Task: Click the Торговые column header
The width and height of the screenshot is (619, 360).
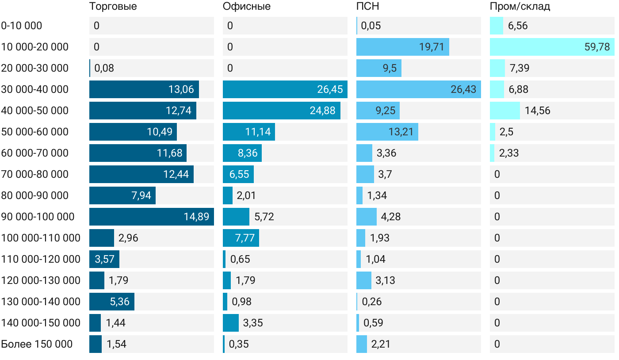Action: pos(113,7)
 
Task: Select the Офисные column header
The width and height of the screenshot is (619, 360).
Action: pos(247,7)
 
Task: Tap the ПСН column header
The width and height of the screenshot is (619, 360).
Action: pos(368,7)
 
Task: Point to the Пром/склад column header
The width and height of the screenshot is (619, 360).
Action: pos(520,7)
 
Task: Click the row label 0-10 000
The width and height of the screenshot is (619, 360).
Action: pos(22,26)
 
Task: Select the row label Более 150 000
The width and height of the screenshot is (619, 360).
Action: pos(37,344)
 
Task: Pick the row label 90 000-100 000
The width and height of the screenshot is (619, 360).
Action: pos(38,217)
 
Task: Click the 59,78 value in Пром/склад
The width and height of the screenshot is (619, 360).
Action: pos(597,47)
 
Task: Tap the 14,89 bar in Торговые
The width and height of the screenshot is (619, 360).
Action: pos(151,217)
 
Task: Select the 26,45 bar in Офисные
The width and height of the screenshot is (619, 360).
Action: pos(285,89)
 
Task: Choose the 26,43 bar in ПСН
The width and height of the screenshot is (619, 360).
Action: pos(418,89)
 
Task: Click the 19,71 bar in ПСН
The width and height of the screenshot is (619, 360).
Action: pos(402,47)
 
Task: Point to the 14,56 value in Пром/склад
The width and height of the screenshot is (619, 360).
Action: pos(538,111)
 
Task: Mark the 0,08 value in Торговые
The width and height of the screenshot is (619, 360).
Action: pos(104,68)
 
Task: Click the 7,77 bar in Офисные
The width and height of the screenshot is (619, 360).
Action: pos(241,238)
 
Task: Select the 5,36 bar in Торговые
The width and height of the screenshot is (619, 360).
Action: pos(111,302)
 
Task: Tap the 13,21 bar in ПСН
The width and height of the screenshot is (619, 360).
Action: pos(387,132)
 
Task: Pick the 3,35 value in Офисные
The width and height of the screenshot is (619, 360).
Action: pos(253,323)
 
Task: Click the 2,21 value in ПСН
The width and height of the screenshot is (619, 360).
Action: pos(381,344)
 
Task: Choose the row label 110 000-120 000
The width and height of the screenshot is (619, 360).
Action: pos(41,259)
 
